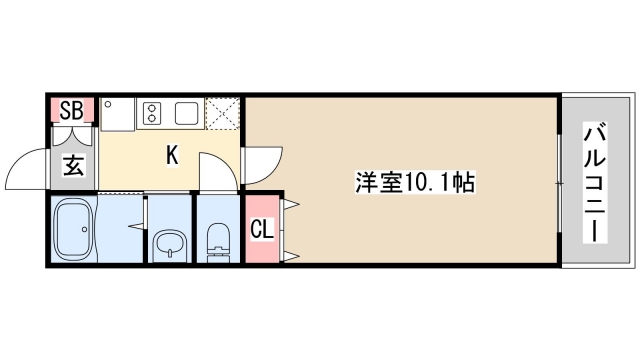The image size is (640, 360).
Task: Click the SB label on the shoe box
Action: click(x=72, y=109)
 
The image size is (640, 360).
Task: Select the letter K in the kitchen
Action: click(x=172, y=155)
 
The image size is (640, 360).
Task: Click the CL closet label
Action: click(x=260, y=230)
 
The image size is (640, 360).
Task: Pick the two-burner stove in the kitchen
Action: click(x=153, y=111)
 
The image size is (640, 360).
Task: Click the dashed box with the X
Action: click(x=223, y=114)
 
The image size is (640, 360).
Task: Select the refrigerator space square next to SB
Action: click(x=116, y=114)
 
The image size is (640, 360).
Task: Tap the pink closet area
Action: click(x=260, y=245)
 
